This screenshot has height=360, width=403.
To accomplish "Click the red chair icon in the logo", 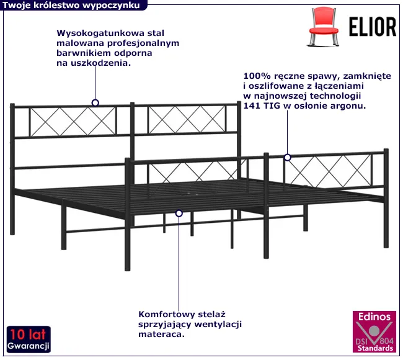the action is [323, 27].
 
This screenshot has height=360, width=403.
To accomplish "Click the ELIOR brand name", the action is [373, 27].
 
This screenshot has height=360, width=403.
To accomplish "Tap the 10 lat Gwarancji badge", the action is [29, 339].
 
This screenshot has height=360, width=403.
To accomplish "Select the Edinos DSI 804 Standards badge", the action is [374, 331].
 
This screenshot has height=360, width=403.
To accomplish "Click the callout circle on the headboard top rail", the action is [95, 103].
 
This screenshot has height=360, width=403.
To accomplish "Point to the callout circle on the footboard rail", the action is [288, 158].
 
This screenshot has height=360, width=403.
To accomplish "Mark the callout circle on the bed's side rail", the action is [179, 214].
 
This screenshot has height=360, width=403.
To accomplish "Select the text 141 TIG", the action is [262, 106].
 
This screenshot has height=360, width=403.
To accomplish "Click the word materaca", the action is [161, 335].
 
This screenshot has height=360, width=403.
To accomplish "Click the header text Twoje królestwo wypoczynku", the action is [71, 6].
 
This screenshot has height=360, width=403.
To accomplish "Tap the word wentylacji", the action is [218, 324].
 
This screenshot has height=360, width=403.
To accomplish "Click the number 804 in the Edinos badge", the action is [386, 341].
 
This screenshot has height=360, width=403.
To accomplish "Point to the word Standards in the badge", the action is [375, 348].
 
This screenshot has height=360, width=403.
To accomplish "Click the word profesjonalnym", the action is [143, 43].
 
